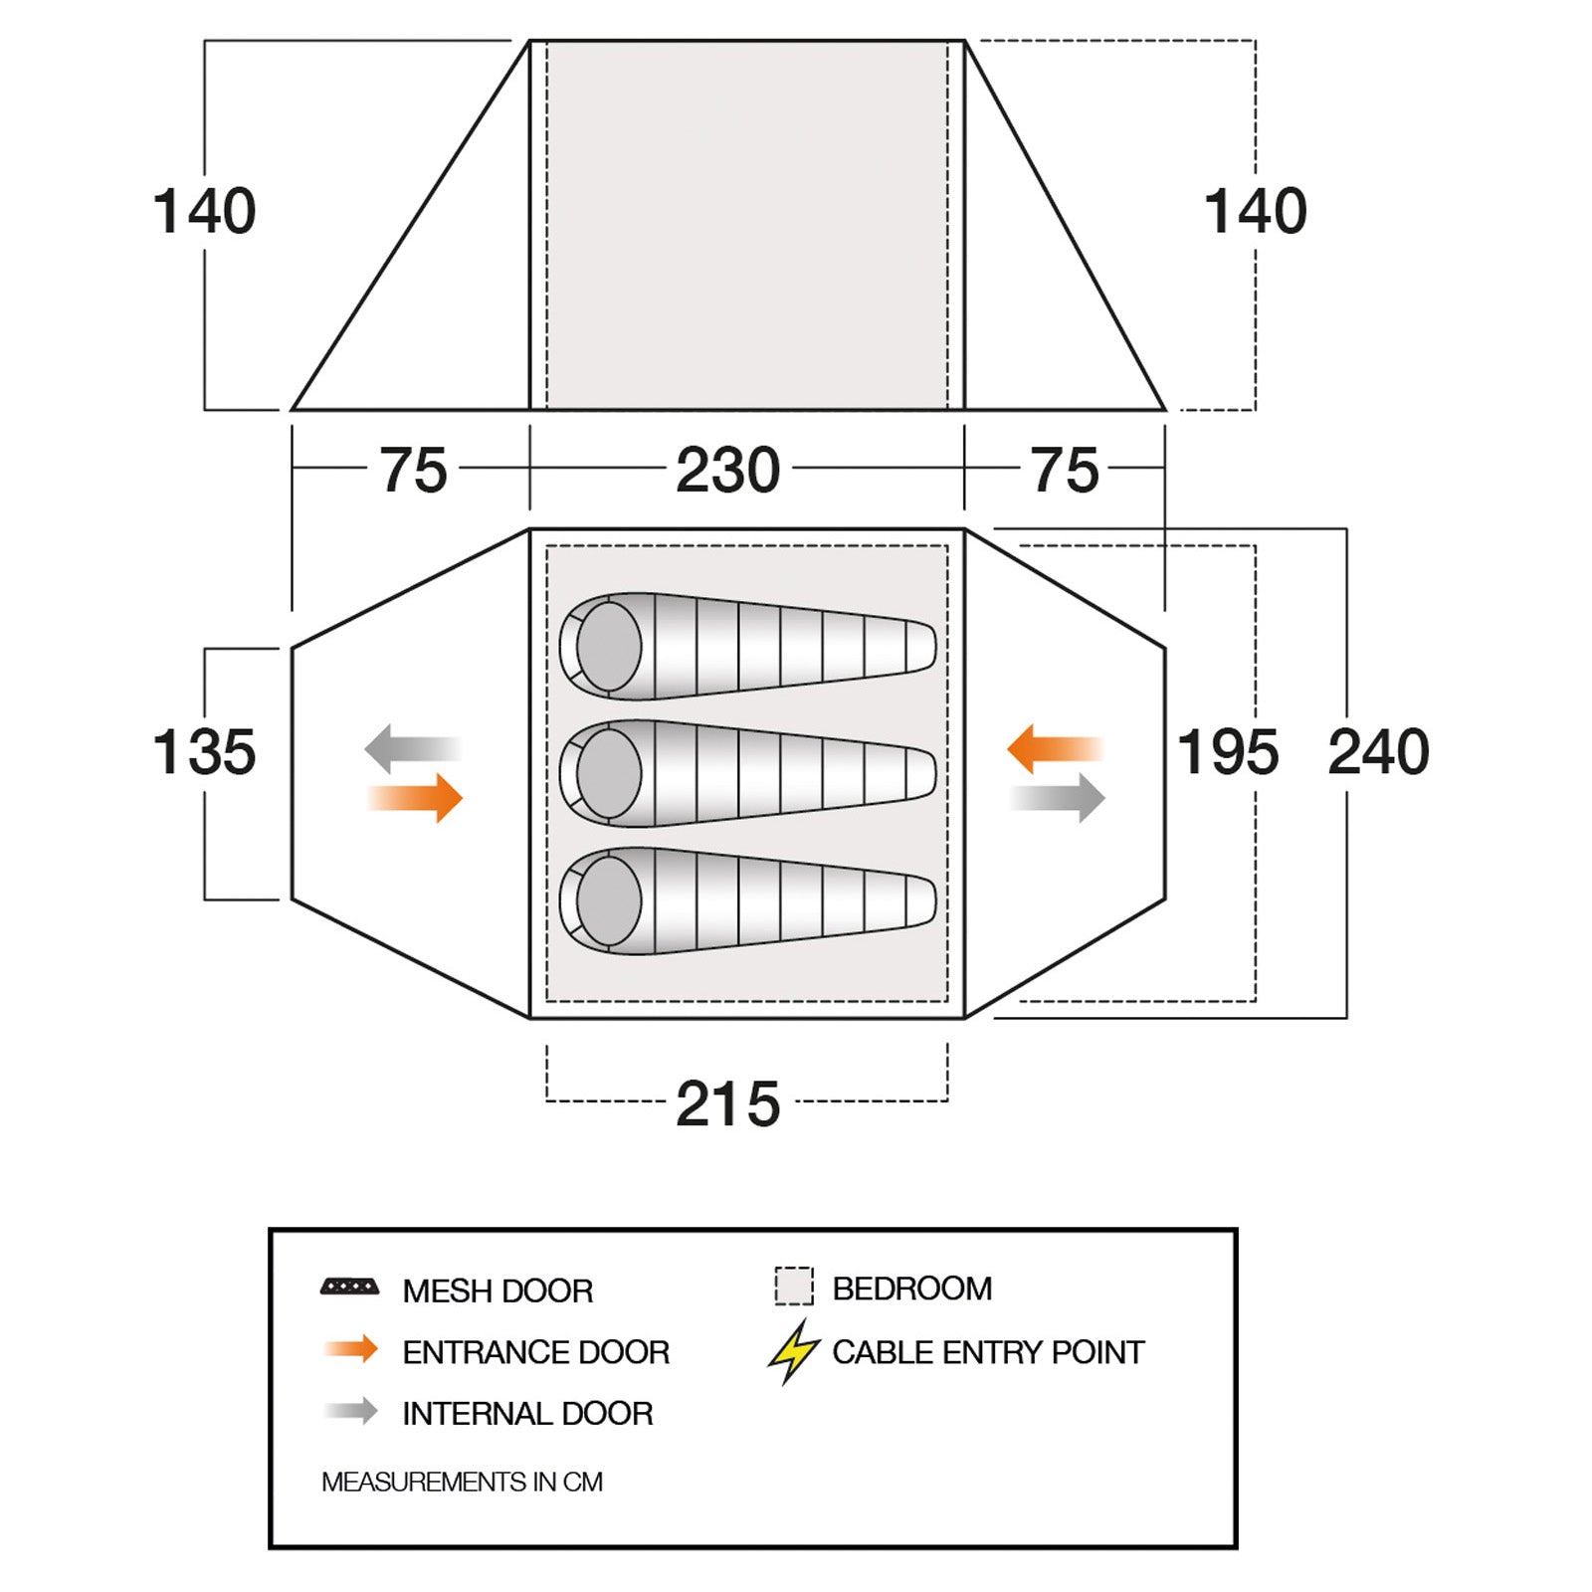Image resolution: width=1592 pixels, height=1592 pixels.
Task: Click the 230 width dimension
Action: pyautogui.click(x=727, y=470)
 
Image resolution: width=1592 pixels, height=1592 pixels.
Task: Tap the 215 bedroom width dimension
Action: pyautogui.click(x=727, y=1103)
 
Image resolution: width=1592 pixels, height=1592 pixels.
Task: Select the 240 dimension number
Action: pyautogui.click(x=1378, y=752)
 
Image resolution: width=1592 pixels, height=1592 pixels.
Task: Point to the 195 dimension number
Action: pyautogui.click(x=1228, y=752)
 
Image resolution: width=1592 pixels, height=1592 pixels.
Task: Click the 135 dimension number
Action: pyautogui.click(x=204, y=752)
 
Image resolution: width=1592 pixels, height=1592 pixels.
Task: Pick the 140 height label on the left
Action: pyautogui.click(x=204, y=211)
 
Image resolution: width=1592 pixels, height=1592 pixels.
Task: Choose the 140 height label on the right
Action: pyautogui.click(x=1255, y=211)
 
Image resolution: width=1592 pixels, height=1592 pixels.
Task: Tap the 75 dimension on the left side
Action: pyautogui.click(x=413, y=470)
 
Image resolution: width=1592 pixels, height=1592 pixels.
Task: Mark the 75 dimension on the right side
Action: pyautogui.click(x=1065, y=470)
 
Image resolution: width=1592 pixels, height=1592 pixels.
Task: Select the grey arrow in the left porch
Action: pyautogui.click(x=412, y=749)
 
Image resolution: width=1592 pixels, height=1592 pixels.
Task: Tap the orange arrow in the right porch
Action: pyautogui.click(x=1055, y=749)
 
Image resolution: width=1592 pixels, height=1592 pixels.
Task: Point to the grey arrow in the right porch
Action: pyautogui.click(x=1059, y=798)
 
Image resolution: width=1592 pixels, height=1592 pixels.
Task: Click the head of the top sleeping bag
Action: pyautogui.click(x=608, y=646)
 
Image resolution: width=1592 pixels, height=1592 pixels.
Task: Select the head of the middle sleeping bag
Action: pyautogui.click(x=608, y=773)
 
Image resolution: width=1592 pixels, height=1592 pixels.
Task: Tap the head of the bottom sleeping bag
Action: pyautogui.click(x=608, y=900)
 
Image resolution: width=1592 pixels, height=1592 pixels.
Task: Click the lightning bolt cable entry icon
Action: pyautogui.click(x=793, y=1351)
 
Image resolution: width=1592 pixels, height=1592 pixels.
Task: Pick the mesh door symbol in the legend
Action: pyautogui.click(x=349, y=1288)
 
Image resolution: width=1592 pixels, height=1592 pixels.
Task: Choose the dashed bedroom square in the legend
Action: pyautogui.click(x=793, y=1286)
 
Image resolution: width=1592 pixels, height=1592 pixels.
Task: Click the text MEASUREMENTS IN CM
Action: pyautogui.click(x=462, y=1482)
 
